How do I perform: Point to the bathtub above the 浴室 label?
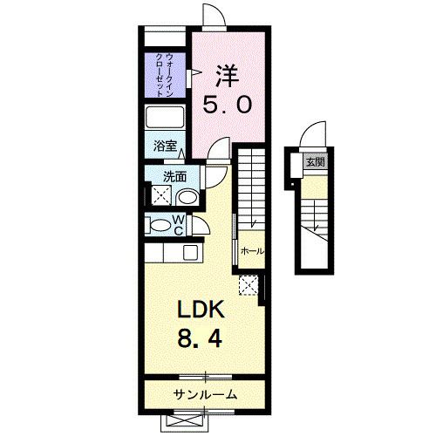(x=166, y=118)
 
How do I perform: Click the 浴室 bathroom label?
(x=164, y=146)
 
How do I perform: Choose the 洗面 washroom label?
(x=175, y=175)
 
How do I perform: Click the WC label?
(x=177, y=225)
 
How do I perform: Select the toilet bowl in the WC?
(x=159, y=226)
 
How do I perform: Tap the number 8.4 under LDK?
(x=202, y=337)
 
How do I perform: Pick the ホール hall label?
(x=252, y=251)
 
